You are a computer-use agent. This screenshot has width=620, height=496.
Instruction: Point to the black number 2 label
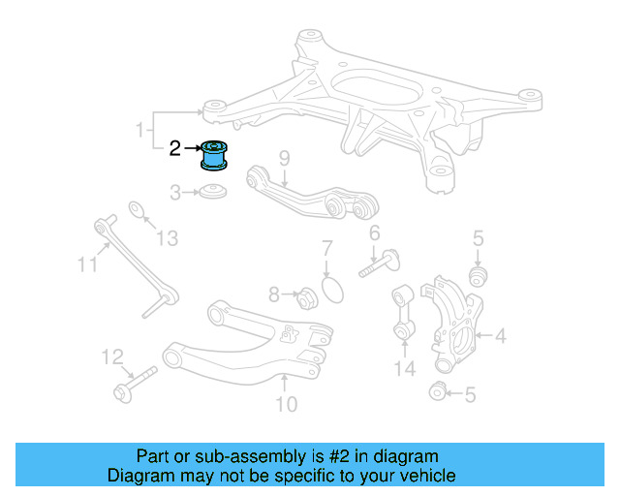pos(174,148)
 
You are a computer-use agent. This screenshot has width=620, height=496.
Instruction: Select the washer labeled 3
pos(214,194)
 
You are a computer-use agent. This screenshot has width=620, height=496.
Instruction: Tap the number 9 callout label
pos(284,159)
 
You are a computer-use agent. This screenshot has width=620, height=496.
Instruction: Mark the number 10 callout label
pos(287,404)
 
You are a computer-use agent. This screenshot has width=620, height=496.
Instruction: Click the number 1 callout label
pos(139,129)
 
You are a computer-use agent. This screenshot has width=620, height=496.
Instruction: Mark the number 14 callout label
pos(405,368)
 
